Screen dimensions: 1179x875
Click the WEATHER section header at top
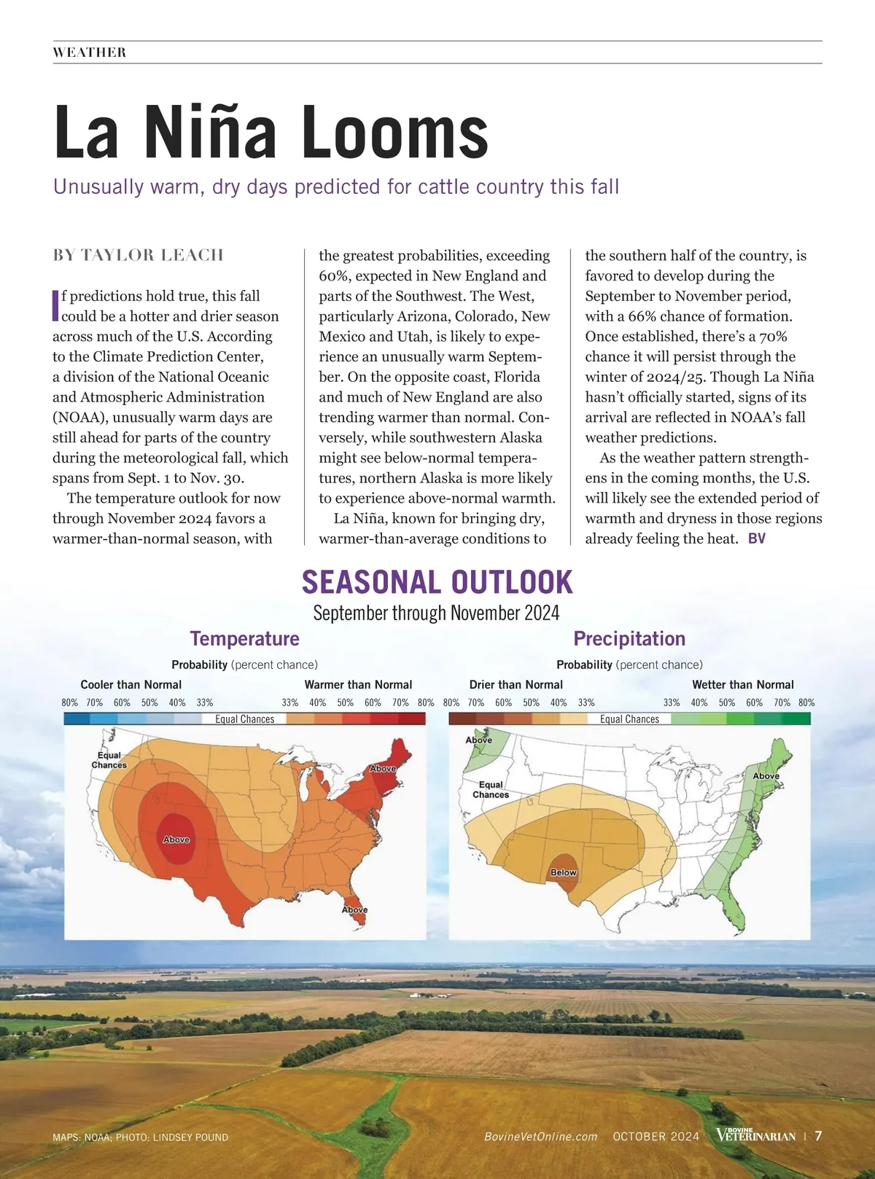pyautogui.click(x=90, y=52)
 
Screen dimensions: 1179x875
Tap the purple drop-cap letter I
pyautogui.click(x=55, y=305)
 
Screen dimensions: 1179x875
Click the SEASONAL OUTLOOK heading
pyautogui.click(x=437, y=582)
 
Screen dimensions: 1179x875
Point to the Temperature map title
pyautogui.click(x=244, y=638)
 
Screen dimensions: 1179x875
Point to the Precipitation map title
pyautogui.click(x=629, y=638)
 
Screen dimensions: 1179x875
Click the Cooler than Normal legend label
pyautogui.click(x=131, y=685)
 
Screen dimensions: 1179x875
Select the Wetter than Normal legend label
pyautogui.click(x=742, y=685)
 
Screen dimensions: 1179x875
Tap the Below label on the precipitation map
pyautogui.click(x=564, y=872)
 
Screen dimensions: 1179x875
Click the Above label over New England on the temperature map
pyautogui.click(x=383, y=769)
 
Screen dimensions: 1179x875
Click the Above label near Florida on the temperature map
pyautogui.click(x=355, y=909)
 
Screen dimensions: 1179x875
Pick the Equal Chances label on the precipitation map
pyautogui.click(x=491, y=790)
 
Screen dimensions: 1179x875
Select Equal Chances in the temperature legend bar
pyautogui.click(x=245, y=719)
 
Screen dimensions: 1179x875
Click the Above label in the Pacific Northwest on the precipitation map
pyautogui.click(x=479, y=740)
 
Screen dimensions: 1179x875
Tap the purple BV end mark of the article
pyautogui.click(x=757, y=538)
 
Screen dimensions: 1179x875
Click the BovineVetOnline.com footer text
pyautogui.click(x=541, y=1137)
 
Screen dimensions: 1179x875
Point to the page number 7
pyautogui.click(x=818, y=1136)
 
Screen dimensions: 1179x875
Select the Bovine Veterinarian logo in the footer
pyautogui.click(x=755, y=1135)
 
